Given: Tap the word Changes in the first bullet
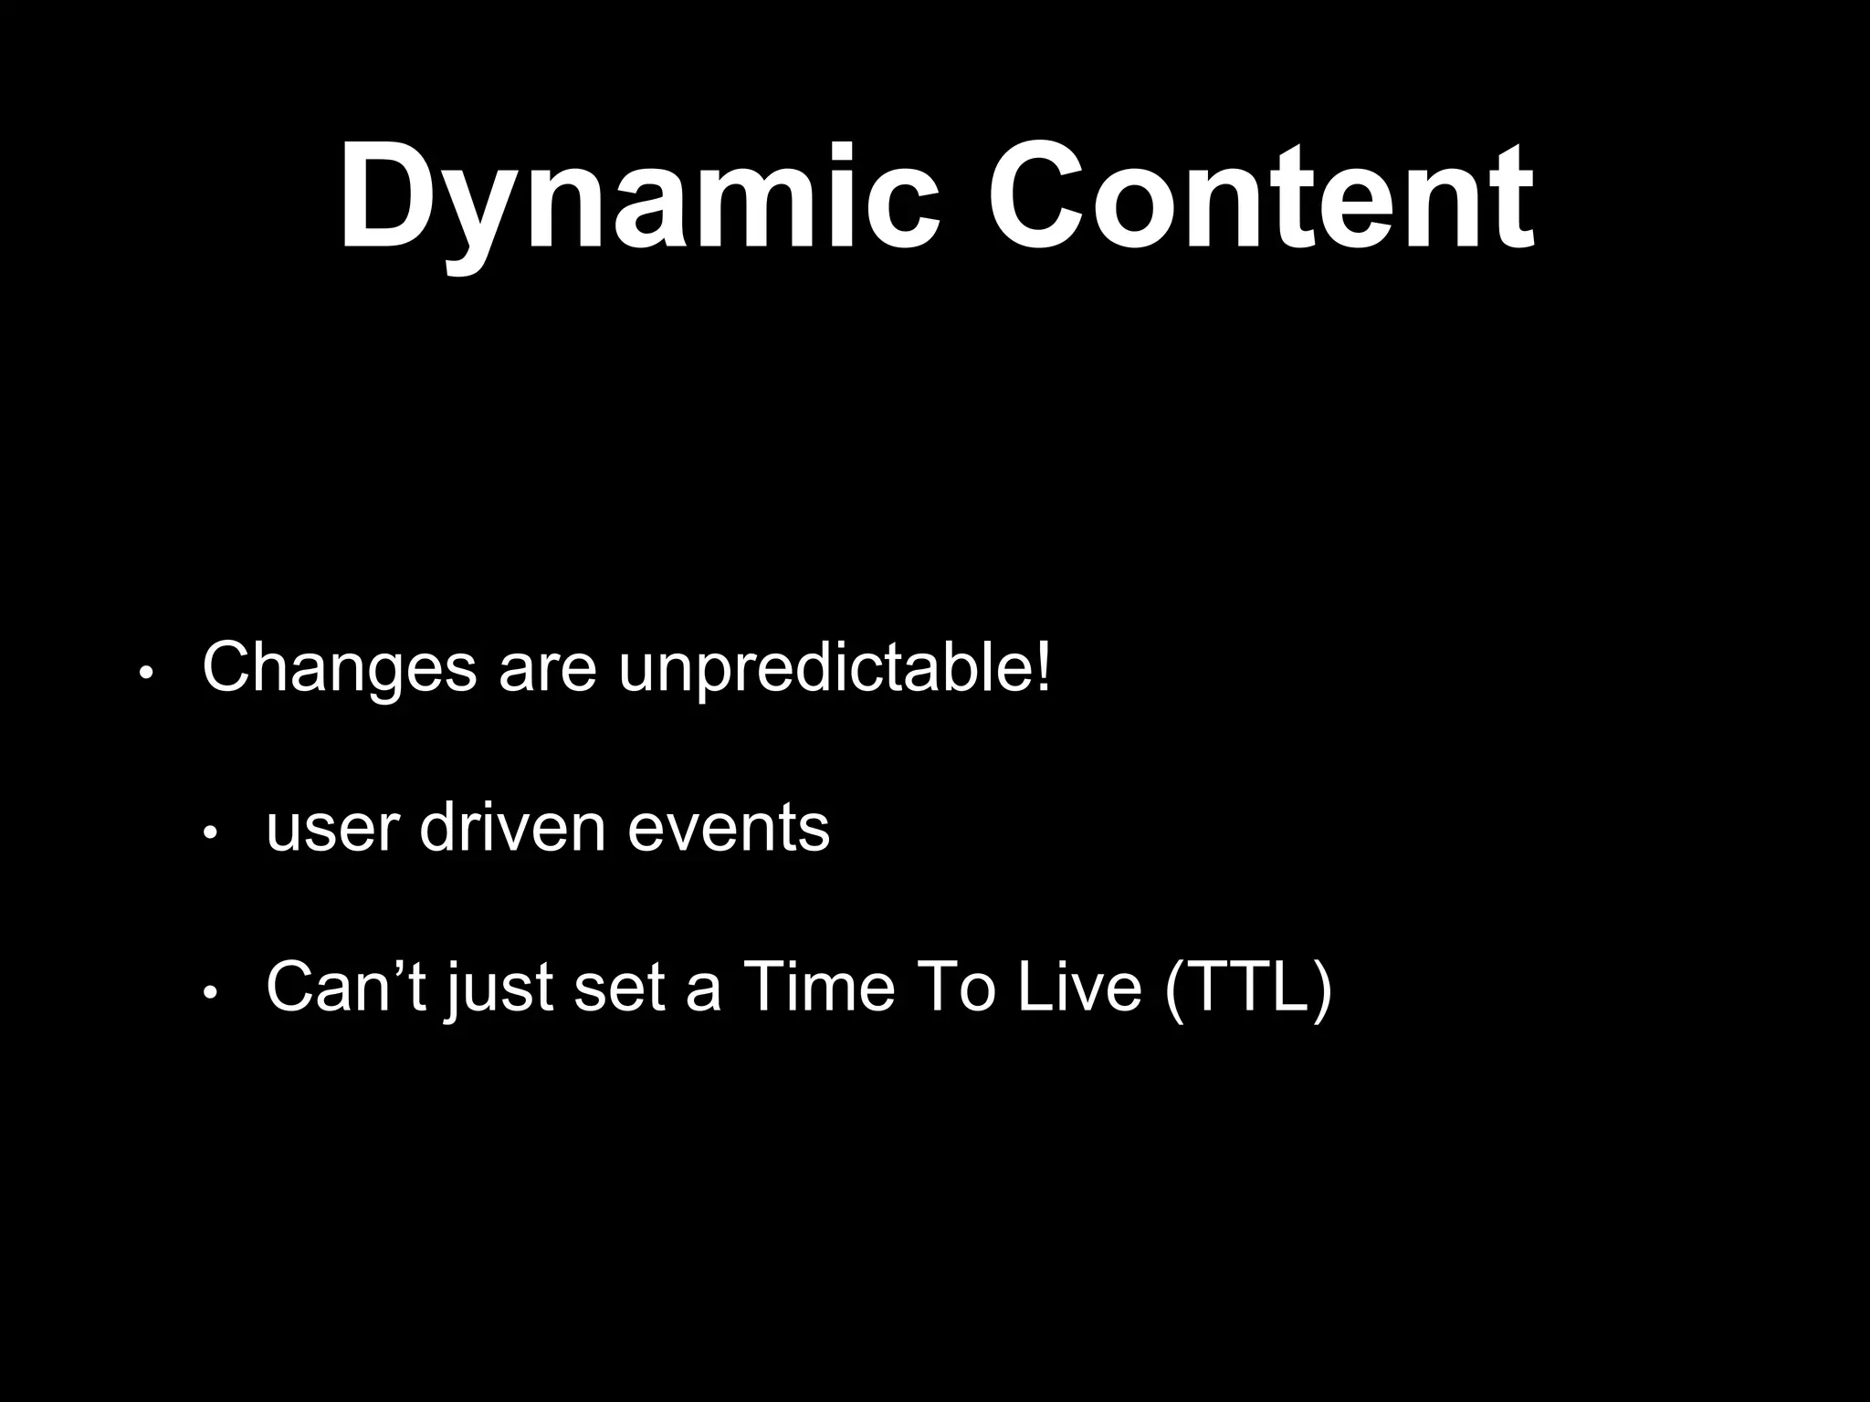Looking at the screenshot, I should click(x=340, y=669).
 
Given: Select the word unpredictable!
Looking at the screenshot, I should click(x=835, y=669).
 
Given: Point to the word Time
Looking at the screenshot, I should click(x=819, y=989).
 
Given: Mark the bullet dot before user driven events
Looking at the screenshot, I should click(x=209, y=833).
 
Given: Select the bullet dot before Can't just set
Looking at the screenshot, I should click(x=209, y=993).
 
